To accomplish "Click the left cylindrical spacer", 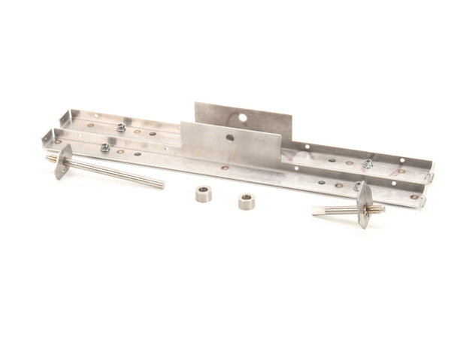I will tap(203, 193).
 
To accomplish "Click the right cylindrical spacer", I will tap(247, 202).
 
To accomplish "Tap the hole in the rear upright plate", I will tap(243, 119).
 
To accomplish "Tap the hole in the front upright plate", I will tap(229, 138).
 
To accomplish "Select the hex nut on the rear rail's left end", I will tap(120, 127).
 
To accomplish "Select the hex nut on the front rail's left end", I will tap(104, 148).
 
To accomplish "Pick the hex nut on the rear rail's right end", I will tap(368, 162).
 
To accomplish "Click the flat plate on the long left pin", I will tap(63, 161).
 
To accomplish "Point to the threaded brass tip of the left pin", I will tap(50, 159).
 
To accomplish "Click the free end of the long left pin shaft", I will tap(160, 184).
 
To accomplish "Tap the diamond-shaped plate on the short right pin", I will tap(365, 204).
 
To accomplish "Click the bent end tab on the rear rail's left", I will tap(65, 117).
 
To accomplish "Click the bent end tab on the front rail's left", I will tap(49, 136).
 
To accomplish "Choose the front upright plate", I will tap(225, 147).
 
